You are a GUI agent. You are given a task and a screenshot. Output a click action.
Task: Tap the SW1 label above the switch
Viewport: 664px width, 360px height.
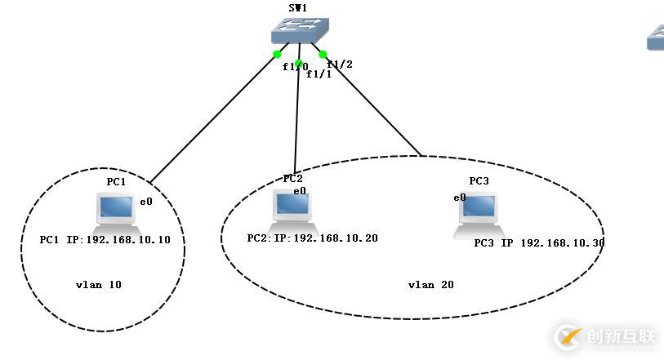pos(298,7)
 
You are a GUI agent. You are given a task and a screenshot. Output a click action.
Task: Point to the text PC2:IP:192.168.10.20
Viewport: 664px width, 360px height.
pos(312,238)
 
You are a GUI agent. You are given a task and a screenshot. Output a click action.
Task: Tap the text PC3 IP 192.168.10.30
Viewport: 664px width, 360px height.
pos(539,243)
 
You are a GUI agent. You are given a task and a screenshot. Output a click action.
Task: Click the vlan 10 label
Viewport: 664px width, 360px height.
pos(98,285)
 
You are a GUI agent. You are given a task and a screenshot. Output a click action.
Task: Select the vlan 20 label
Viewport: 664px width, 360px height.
pos(430,285)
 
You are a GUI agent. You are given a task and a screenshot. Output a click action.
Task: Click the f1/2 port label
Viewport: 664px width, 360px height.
pos(340,64)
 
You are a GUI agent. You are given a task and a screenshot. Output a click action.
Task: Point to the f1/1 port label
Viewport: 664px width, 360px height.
pos(319,74)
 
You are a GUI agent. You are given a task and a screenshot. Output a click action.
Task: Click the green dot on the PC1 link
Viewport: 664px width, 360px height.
pos(277,54)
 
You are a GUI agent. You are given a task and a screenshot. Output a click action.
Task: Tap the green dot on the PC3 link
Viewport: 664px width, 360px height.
pos(323,55)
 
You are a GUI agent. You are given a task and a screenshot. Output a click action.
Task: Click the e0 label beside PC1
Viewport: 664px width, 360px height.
pos(145,201)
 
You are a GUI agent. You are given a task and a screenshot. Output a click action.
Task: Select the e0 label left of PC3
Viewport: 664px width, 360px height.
pos(460,198)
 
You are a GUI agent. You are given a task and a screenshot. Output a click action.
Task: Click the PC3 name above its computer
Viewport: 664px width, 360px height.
pos(479,180)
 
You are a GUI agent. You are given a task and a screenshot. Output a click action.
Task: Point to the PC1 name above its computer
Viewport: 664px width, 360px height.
pos(116,181)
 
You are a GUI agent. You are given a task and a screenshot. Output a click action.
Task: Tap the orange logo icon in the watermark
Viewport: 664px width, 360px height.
pos(568,336)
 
